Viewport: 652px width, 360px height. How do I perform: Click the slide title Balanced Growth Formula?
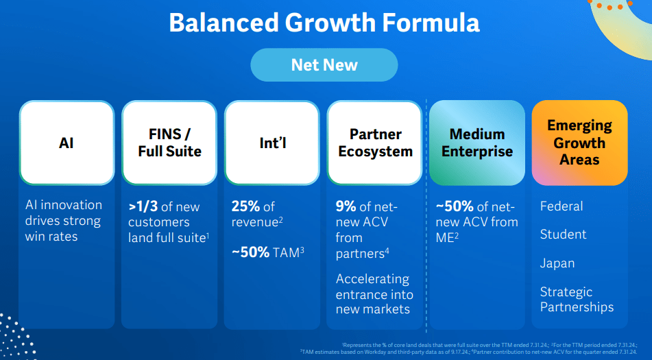(x=324, y=23)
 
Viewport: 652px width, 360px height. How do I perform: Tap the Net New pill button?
(x=324, y=65)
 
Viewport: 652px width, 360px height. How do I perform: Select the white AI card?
(x=67, y=143)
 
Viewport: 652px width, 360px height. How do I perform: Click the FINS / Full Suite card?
(x=169, y=143)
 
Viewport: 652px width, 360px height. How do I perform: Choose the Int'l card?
(x=272, y=143)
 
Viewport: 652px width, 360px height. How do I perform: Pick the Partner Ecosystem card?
(x=375, y=143)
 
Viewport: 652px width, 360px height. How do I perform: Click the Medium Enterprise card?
(x=477, y=143)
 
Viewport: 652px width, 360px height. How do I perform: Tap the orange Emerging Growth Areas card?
(x=579, y=143)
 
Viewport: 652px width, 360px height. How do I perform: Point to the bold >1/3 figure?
(x=143, y=206)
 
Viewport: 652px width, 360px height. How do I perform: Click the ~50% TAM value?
(x=251, y=252)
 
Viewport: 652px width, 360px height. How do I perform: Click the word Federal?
(x=562, y=206)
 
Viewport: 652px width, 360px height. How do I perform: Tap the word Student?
(x=563, y=235)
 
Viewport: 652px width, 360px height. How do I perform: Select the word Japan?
(x=557, y=263)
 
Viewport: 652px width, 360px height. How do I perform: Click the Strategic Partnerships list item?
(x=577, y=300)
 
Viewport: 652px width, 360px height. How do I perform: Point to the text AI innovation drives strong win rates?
(x=63, y=221)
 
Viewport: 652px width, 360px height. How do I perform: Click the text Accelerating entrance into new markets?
(x=374, y=294)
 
